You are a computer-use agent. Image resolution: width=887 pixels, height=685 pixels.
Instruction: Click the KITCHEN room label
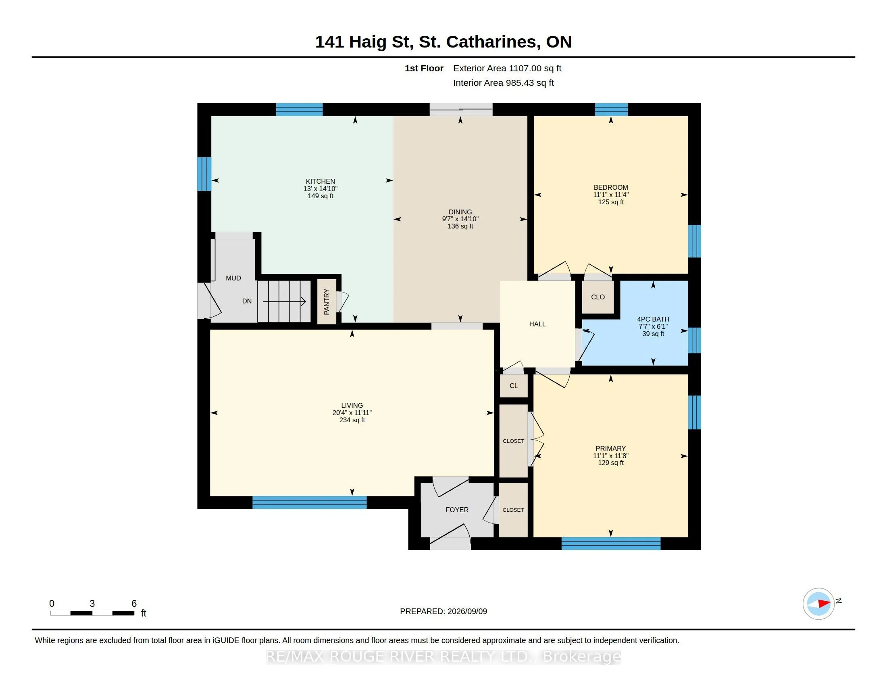(321, 181)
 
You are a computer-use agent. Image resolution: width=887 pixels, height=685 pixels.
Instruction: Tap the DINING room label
(460, 212)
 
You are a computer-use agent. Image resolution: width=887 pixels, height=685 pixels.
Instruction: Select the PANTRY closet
(327, 301)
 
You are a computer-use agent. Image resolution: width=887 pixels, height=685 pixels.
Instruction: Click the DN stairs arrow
(284, 301)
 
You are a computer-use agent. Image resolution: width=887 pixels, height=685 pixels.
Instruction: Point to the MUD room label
(233, 278)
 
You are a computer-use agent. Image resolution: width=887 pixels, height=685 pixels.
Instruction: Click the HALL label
(537, 324)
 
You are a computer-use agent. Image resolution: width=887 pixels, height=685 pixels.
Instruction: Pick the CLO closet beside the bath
(598, 297)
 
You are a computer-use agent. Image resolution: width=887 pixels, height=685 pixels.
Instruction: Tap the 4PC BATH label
(653, 320)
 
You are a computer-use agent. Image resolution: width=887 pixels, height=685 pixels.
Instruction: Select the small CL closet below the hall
(514, 386)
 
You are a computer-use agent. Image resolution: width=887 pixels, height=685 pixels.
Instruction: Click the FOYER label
(457, 510)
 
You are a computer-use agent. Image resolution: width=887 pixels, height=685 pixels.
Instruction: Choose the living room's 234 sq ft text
(352, 420)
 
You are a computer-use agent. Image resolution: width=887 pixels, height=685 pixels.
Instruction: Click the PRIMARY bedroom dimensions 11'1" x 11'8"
(611, 456)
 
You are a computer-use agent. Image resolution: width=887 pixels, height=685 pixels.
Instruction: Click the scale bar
(92, 613)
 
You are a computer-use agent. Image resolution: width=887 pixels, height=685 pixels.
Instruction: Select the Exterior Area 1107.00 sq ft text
(507, 68)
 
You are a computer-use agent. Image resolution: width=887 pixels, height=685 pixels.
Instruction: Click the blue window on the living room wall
(310, 502)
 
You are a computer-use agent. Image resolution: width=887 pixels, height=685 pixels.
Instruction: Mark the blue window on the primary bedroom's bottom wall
(611, 544)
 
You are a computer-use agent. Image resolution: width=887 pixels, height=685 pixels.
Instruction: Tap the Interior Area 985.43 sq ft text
(504, 83)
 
